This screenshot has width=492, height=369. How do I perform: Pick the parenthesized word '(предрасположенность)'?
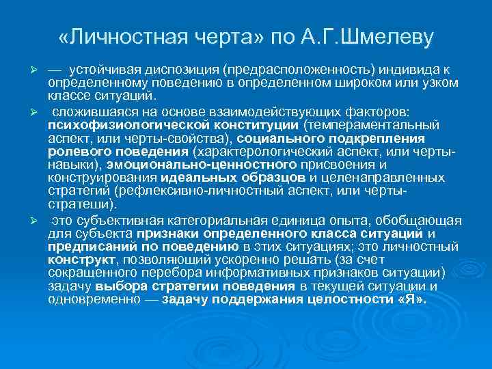281,70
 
